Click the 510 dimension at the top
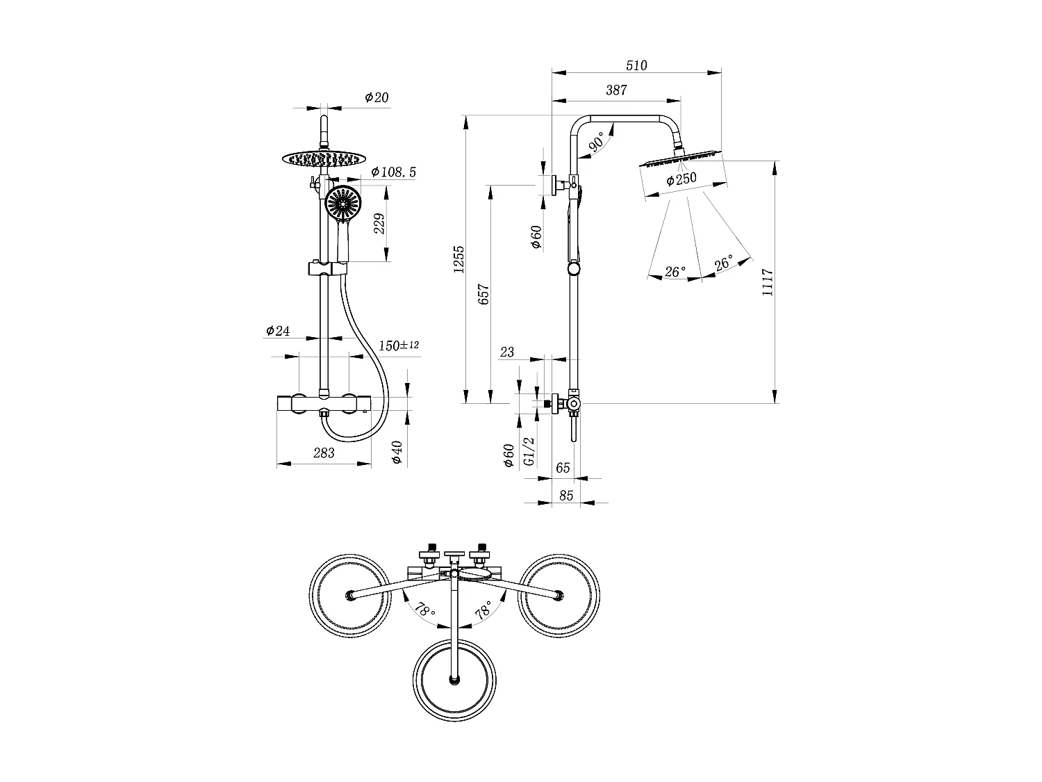[x=636, y=66]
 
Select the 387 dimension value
[x=615, y=90]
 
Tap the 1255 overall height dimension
[x=459, y=259]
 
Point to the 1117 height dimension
[x=767, y=282]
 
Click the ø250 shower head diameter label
[x=681, y=179]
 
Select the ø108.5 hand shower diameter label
[x=393, y=172]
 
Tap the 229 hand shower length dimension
[x=380, y=225]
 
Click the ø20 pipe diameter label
[x=377, y=98]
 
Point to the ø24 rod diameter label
[x=278, y=331]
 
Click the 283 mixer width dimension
[x=324, y=453]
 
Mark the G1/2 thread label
[x=529, y=451]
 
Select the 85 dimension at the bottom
[x=566, y=496]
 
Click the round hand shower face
[x=343, y=204]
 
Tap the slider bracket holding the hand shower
[x=326, y=268]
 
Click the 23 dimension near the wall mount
[x=507, y=352]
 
